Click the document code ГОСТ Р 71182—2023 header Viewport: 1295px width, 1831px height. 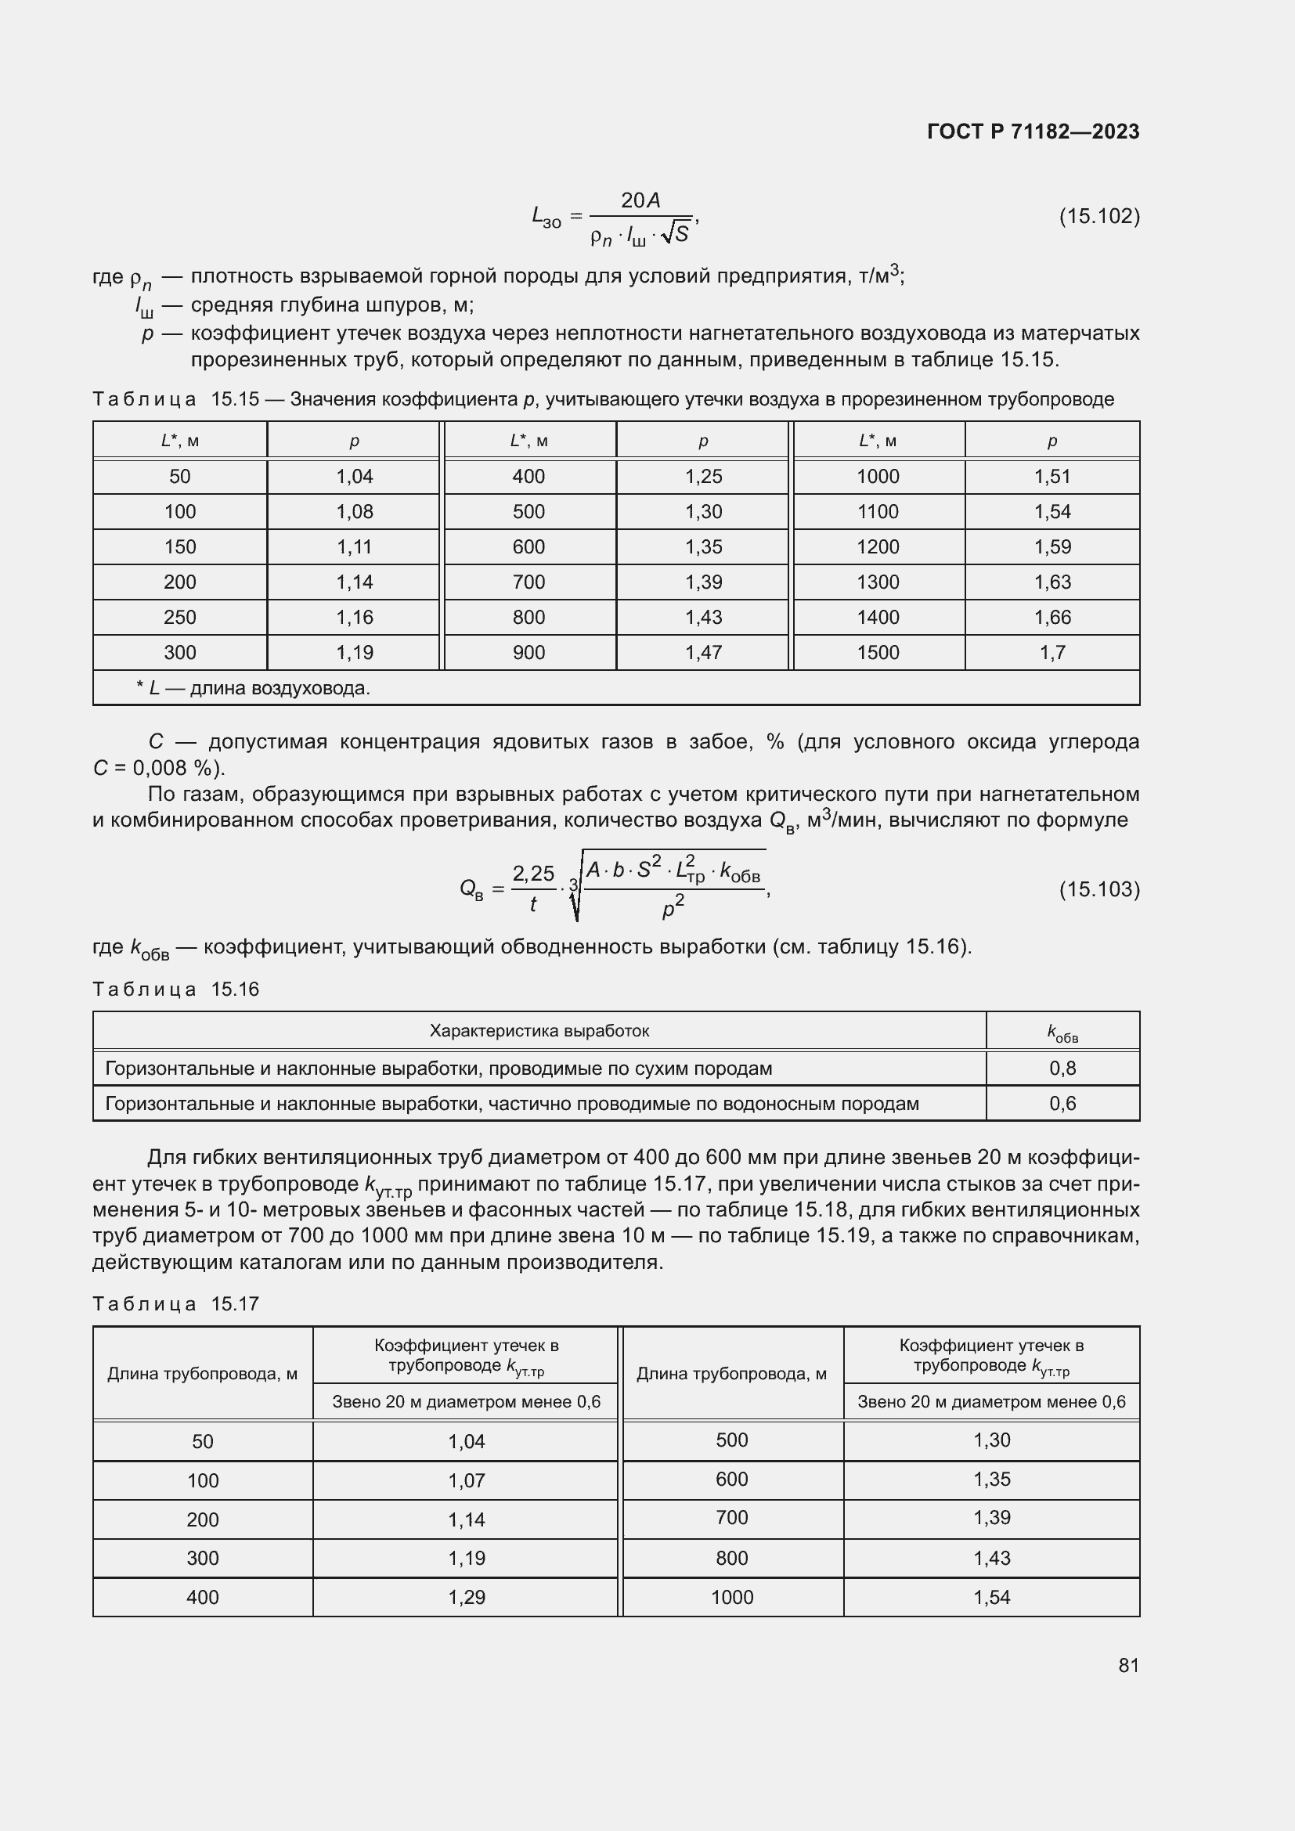click(1033, 132)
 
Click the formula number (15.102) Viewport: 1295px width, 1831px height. click(1098, 216)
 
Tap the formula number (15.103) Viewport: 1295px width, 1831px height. click(1098, 889)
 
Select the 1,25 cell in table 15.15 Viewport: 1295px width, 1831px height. click(703, 477)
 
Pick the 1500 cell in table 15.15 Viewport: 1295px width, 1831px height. click(878, 652)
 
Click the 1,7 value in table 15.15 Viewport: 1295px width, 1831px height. click(1052, 652)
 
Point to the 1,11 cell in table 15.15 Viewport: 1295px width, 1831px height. click(354, 547)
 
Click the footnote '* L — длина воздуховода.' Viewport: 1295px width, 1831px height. click(253, 688)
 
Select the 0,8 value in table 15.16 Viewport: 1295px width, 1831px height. click(1062, 1069)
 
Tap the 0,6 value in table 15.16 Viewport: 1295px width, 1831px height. click(1062, 1104)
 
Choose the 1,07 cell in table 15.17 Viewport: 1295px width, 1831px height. click(467, 1481)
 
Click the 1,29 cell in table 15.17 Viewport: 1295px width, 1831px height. click(467, 1598)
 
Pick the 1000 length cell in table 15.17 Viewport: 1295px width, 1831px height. click(731, 1598)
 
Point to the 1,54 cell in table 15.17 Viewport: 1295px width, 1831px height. click(991, 1598)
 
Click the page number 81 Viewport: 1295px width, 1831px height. click(1128, 1665)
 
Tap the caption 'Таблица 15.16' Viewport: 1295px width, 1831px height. click(176, 989)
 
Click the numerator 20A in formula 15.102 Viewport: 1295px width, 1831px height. click(640, 201)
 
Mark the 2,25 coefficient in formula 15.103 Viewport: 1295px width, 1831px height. click(532, 874)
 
